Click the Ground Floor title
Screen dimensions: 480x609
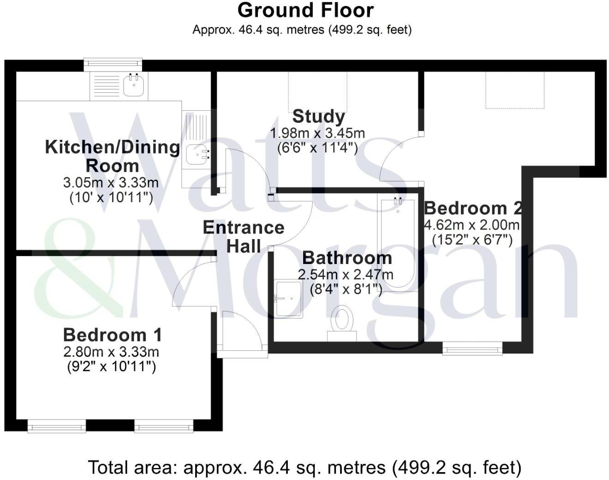[305, 10]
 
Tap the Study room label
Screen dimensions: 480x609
[318, 116]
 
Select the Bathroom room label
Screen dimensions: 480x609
[347, 258]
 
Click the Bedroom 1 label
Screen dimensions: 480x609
[112, 335]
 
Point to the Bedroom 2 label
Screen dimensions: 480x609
[473, 208]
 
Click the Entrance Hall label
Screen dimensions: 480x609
[244, 237]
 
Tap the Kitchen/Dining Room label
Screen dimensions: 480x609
[112, 156]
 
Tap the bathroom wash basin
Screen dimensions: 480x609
[288, 299]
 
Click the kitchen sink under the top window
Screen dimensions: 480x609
[134, 85]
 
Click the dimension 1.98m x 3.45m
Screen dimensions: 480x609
[317, 133]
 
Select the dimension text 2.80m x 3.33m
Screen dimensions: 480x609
[111, 352]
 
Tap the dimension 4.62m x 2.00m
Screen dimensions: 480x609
[472, 225]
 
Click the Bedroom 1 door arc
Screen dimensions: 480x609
[191, 282]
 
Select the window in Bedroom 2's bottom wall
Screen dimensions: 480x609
[472, 348]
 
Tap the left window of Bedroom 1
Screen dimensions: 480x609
[57, 426]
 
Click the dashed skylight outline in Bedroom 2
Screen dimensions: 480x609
[514, 90]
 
